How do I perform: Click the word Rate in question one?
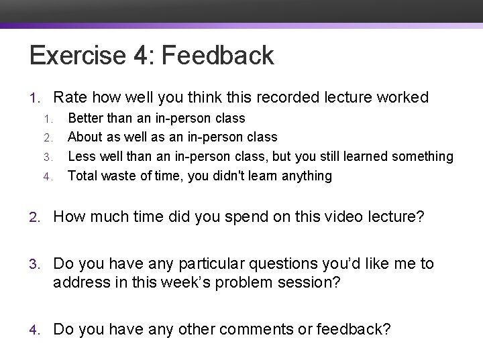70,98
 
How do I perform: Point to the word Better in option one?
85,119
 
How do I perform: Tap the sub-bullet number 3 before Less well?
48,157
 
